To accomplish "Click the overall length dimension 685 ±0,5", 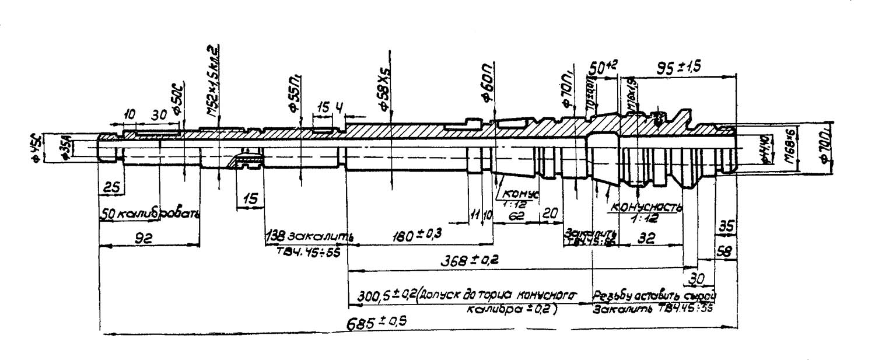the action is pos(377,324).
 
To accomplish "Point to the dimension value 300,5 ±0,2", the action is pos(380,296).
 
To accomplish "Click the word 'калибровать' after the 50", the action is pos(158,214).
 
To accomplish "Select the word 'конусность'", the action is pos(645,207).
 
